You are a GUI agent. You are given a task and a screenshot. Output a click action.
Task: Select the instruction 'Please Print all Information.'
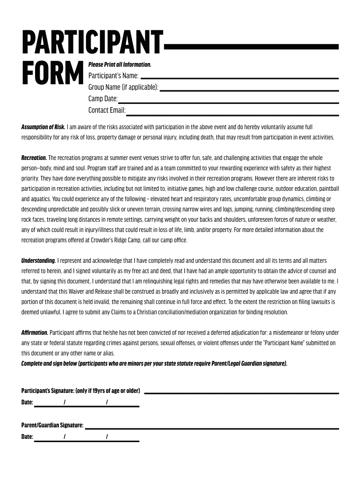(120, 65)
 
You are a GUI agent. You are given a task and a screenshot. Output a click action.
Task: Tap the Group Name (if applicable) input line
(249, 90)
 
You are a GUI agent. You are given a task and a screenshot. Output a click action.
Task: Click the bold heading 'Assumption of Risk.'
(43, 127)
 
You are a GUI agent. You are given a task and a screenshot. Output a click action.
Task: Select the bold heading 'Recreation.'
(34, 158)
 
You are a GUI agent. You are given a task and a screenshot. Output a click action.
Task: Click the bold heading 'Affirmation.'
(35, 333)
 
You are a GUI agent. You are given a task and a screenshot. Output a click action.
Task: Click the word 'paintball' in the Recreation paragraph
(329, 189)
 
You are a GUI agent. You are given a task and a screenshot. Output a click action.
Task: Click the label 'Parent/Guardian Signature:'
(52, 425)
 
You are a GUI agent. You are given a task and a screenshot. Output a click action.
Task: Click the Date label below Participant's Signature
(27, 402)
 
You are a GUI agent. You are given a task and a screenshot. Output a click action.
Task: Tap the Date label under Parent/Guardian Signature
(27, 437)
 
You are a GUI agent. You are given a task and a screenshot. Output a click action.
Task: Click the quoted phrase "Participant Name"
(286, 343)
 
